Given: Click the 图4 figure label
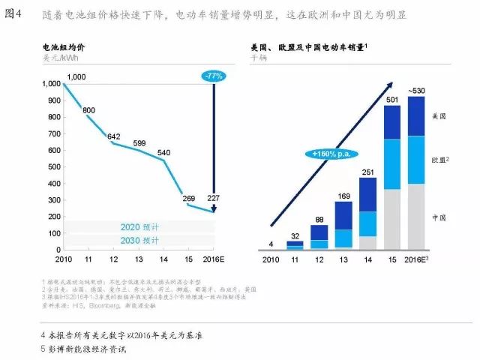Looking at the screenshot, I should pos(13,13).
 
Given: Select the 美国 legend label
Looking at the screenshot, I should pos(439,117).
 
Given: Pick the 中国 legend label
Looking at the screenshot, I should pos(439,217).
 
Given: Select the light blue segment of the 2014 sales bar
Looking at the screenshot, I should pos(367,223).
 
